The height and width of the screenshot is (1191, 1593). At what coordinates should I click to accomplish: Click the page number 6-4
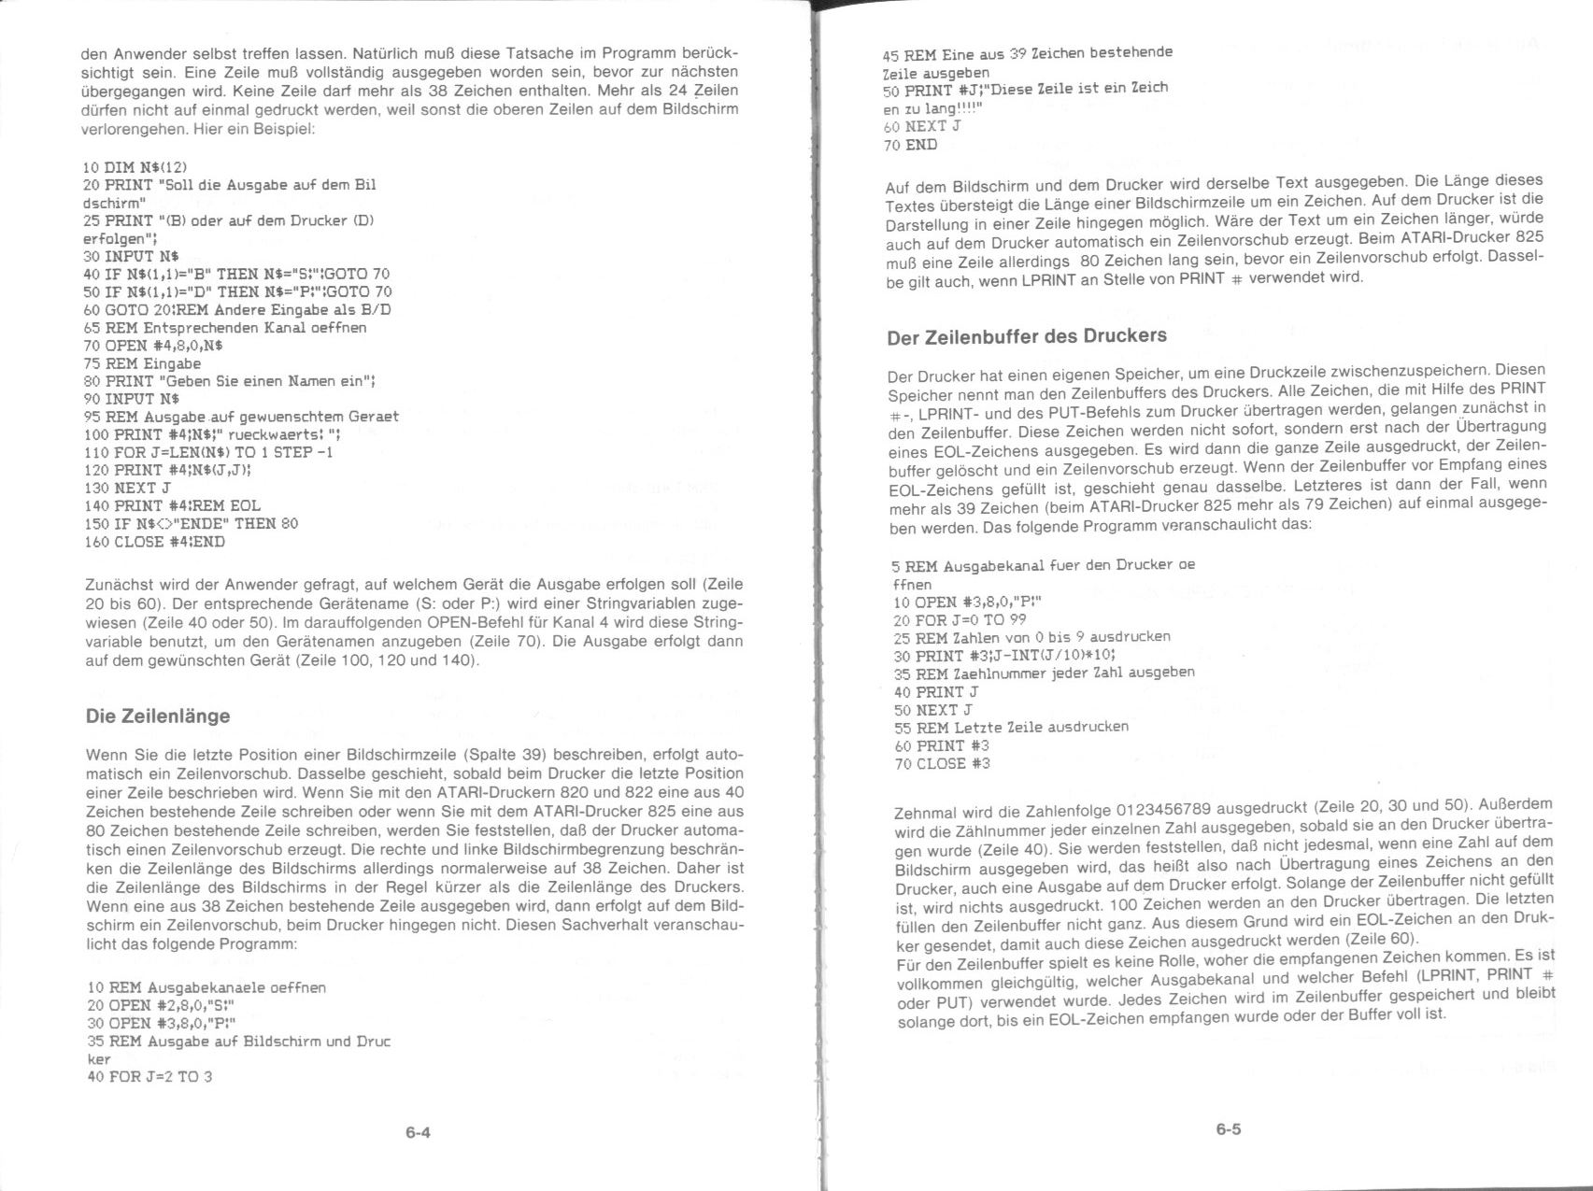(x=418, y=1133)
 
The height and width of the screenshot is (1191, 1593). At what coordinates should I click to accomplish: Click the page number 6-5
(x=1228, y=1129)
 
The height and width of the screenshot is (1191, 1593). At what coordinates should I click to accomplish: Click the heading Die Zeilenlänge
(x=157, y=716)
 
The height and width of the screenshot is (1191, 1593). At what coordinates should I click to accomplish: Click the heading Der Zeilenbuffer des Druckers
(x=1027, y=335)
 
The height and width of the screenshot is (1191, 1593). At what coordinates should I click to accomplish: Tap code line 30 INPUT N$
(x=132, y=256)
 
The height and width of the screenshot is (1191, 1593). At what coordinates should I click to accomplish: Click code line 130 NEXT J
(x=127, y=488)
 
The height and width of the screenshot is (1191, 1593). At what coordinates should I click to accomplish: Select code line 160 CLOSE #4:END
(x=154, y=542)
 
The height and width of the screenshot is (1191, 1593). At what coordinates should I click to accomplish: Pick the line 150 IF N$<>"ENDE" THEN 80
(x=191, y=524)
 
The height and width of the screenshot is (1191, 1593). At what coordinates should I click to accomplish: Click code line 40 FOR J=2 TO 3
(x=149, y=1076)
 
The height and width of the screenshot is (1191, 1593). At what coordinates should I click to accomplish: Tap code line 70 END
(x=910, y=145)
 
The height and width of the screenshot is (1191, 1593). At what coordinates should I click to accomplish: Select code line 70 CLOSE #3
(x=942, y=763)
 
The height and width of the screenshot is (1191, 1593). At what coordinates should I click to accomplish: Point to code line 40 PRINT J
(x=936, y=692)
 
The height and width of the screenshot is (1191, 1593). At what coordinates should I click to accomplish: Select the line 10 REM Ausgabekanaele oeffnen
(x=206, y=987)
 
